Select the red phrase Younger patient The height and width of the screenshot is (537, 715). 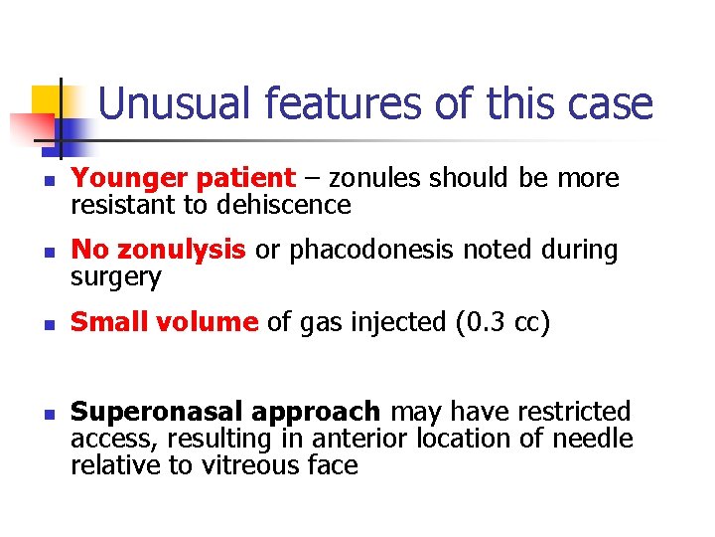(184, 179)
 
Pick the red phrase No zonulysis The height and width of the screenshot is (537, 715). (160, 251)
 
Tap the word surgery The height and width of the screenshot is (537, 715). (114, 277)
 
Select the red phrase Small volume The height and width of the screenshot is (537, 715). (164, 323)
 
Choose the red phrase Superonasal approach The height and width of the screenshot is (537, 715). (225, 412)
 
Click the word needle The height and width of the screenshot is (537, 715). (600, 439)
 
